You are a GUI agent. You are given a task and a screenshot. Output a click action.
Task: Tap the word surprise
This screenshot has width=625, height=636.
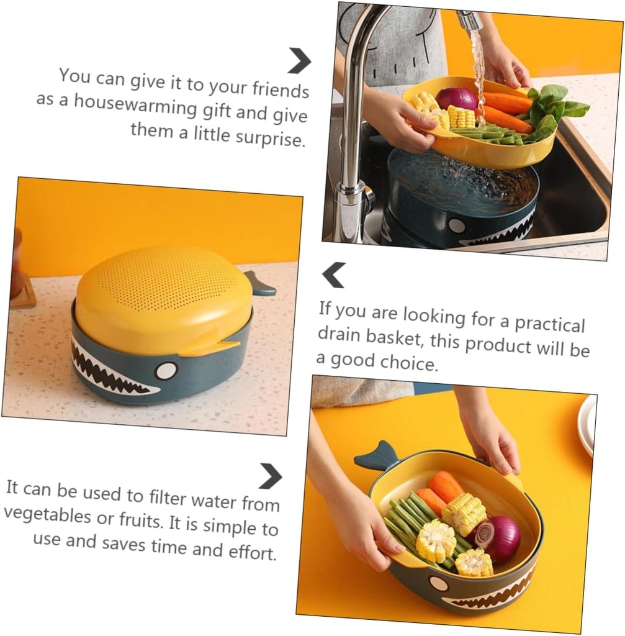coord(271,137)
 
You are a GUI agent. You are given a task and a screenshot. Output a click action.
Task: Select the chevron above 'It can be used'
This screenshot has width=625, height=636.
coord(270,476)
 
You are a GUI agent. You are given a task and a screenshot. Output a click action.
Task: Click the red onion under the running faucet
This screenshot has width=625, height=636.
coord(456,98)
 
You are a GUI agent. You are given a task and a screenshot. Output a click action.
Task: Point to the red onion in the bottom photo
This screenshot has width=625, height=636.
coord(497,538)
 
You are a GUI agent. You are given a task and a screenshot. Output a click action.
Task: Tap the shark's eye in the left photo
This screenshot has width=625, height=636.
coord(166,371)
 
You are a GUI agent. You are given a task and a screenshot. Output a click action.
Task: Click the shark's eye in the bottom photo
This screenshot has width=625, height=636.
coord(439,584)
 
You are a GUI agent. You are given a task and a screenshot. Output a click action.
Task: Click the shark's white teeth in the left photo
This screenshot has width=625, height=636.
coord(106,371)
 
